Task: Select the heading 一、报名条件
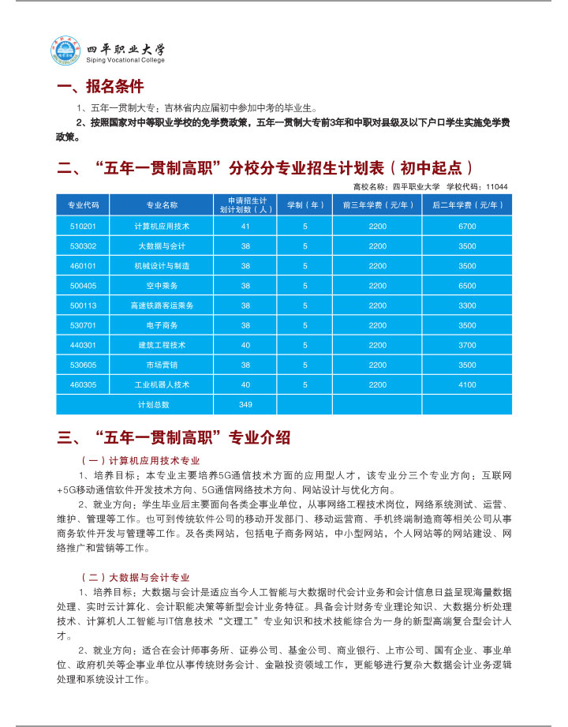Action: pyautogui.click(x=100, y=86)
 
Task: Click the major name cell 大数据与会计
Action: pyautogui.click(x=162, y=245)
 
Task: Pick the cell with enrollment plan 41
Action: pyautogui.click(x=245, y=226)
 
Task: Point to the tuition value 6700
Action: pyautogui.click(x=467, y=226)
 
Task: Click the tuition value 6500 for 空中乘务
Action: pyautogui.click(x=467, y=285)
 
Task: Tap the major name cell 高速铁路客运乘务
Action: pyautogui.click(x=162, y=305)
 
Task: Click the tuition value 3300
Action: pyautogui.click(x=467, y=305)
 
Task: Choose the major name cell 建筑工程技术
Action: pyautogui.click(x=162, y=345)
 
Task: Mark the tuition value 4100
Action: pyautogui.click(x=467, y=384)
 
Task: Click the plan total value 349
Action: pyautogui.click(x=245, y=404)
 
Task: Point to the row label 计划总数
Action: pyautogui.click(x=154, y=404)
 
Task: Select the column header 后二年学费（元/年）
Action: pyautogui.click(x=467, y=204)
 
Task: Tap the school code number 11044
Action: pyautogui.click(x=497, y=186)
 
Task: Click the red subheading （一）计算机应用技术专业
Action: pyautogui.click(x=140, y=459)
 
